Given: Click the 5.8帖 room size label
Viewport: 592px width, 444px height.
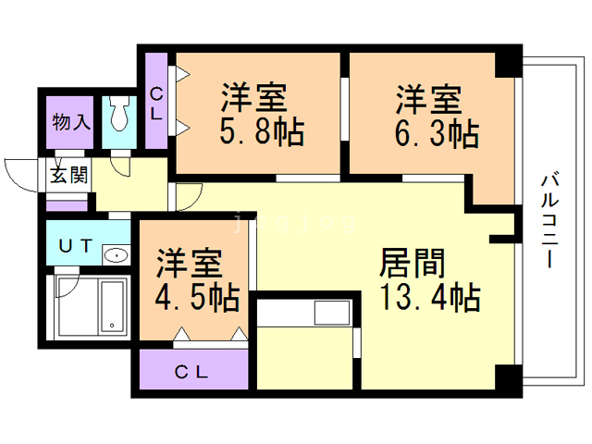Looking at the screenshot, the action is [x=262, y=132].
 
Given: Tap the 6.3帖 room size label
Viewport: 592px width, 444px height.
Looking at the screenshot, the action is [x=437, y=133].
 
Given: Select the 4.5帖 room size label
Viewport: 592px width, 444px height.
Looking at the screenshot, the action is [x=197, y=298].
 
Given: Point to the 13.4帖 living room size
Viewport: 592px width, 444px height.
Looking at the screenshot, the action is [x=430, y=297].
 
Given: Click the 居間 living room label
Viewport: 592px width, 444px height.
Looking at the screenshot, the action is [x=412, y=263].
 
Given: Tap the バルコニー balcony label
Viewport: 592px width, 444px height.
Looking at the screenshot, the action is [x=549, y=220].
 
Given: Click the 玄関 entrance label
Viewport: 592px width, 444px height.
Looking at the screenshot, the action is [x=69, y=175].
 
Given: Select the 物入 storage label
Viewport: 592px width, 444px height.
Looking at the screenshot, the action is [x=71, y=122].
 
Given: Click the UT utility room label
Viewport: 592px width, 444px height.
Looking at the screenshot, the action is [x=76, y=246].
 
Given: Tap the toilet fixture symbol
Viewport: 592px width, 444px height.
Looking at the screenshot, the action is [x=119, y=113].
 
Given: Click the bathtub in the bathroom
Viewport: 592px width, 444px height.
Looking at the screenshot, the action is [x=112, y=306].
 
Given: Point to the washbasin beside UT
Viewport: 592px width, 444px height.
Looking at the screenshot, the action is [x=117, y=255].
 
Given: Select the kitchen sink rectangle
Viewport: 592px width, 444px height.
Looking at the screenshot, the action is [x=332, y=313].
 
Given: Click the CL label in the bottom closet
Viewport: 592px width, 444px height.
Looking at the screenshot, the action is [x=191, y=373].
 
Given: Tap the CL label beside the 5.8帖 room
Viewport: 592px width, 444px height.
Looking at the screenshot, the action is [x=156, y=104].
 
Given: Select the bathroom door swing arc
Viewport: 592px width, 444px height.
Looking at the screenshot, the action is [x=68, y=284].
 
